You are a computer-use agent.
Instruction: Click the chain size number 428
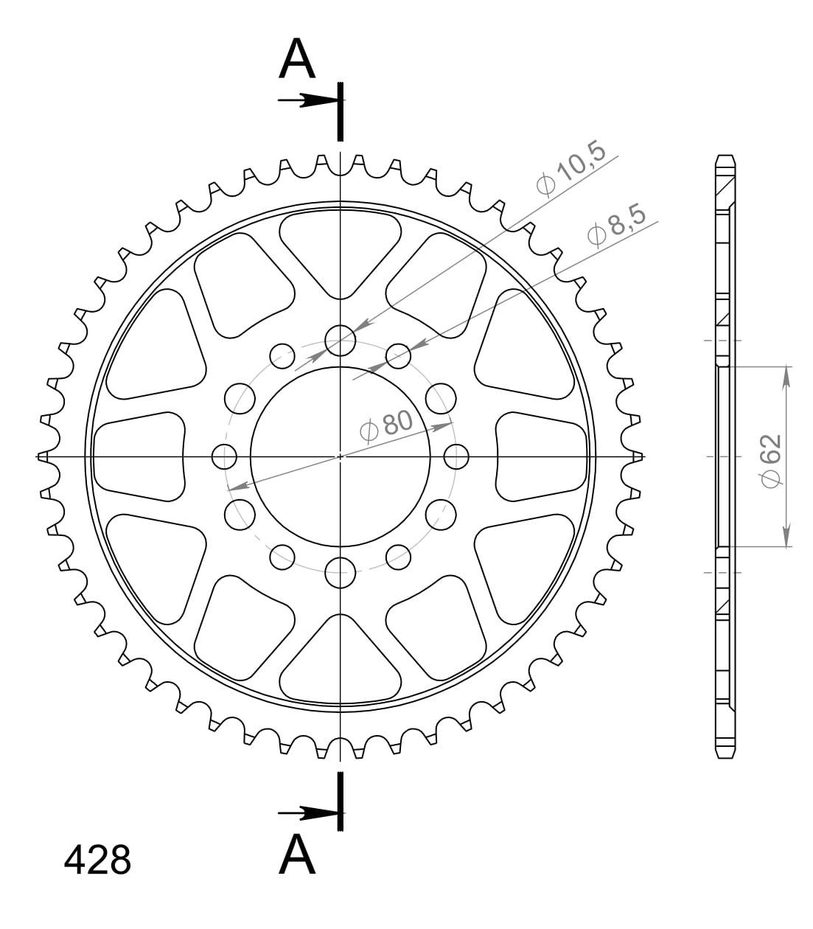point(97,860)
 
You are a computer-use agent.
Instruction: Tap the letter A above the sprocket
point(297,60)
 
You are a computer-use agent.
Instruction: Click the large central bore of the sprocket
point(340,457)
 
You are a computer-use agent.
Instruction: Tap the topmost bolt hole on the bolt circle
point(340,340)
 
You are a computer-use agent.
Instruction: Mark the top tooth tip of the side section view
point(725,158)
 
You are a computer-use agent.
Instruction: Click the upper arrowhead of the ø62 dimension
point(786,376)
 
